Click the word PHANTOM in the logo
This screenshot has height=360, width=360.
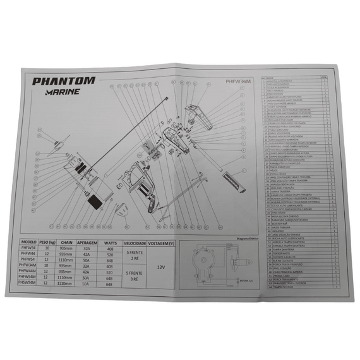(64, 81)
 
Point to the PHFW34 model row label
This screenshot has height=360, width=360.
(29, 249)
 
